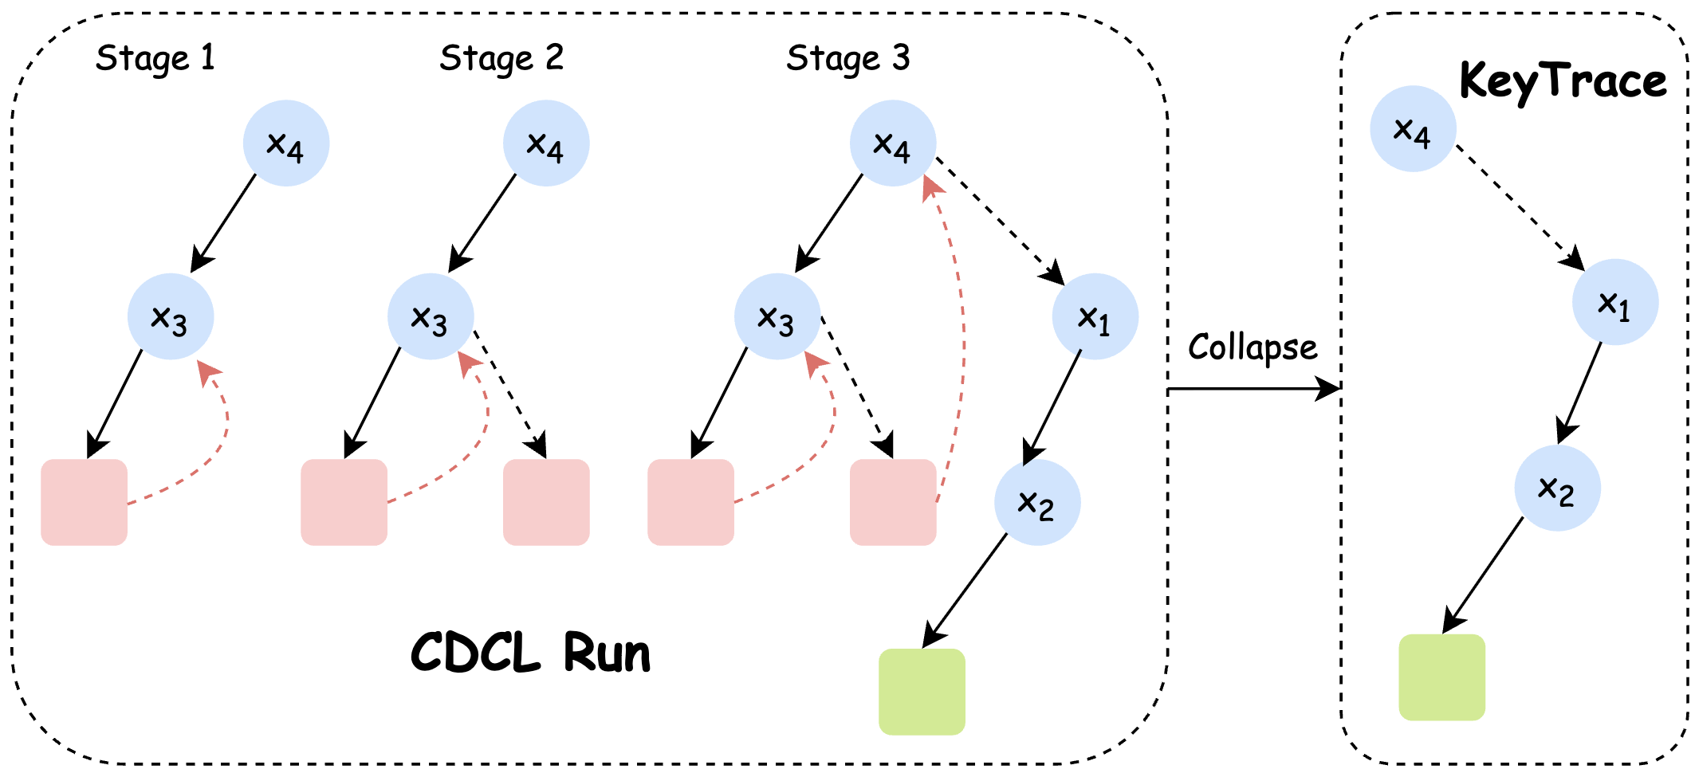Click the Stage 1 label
[x=155, y=58]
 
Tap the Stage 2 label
[x=501, y=58]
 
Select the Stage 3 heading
[x=847, y=58]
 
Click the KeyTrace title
[x=1563, y=81]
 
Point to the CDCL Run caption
[x=530, y=653]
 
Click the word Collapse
[x=1253, y=348]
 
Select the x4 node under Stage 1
[x=286, y=143]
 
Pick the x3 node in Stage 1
[x=171, y=317]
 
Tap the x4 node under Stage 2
[x=546, y=143]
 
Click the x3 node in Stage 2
[x=431, y=317]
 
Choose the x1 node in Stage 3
[x=1095, y=317]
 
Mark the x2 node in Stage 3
[x=1037, y=503]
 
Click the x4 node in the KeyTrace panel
[x=1414, y=129]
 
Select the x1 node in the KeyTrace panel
[x=1615, y=302]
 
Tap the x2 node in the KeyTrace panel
[x=1558, y=489]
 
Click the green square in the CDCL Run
[x=922, y=692]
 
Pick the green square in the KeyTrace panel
[x=1442, y=677]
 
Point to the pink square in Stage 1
[x=85, y=502]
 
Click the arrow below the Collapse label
[x=1253, y=389]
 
